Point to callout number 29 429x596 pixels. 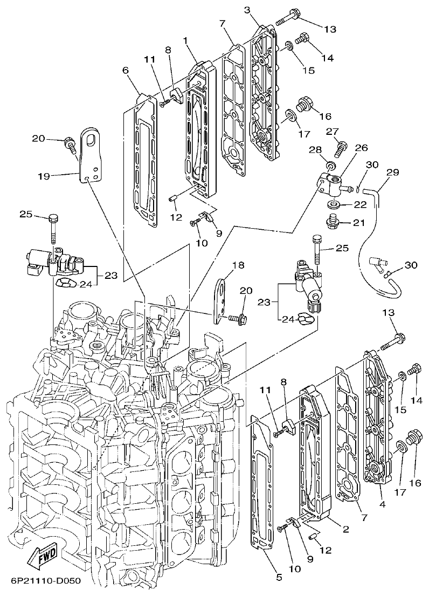[392, 173]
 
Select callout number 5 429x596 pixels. [278, 577]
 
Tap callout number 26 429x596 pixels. [361, 147]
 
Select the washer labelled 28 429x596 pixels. [331, 164]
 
